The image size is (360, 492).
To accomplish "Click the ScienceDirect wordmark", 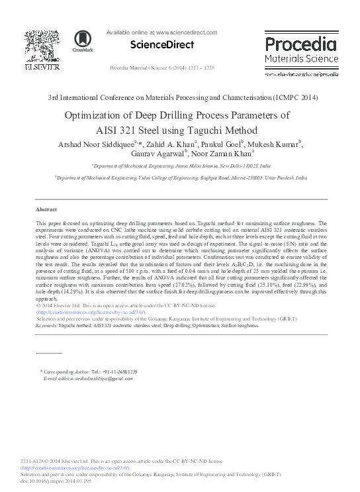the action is click(161, 45).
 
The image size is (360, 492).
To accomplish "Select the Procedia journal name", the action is click(300, 45).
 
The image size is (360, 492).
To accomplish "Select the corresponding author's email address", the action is click(89, 378).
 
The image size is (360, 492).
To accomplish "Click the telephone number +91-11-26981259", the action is click(116, 372).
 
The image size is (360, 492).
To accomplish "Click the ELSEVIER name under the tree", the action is click(42, 67).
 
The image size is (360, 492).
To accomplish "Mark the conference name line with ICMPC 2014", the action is click(183, 97).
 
